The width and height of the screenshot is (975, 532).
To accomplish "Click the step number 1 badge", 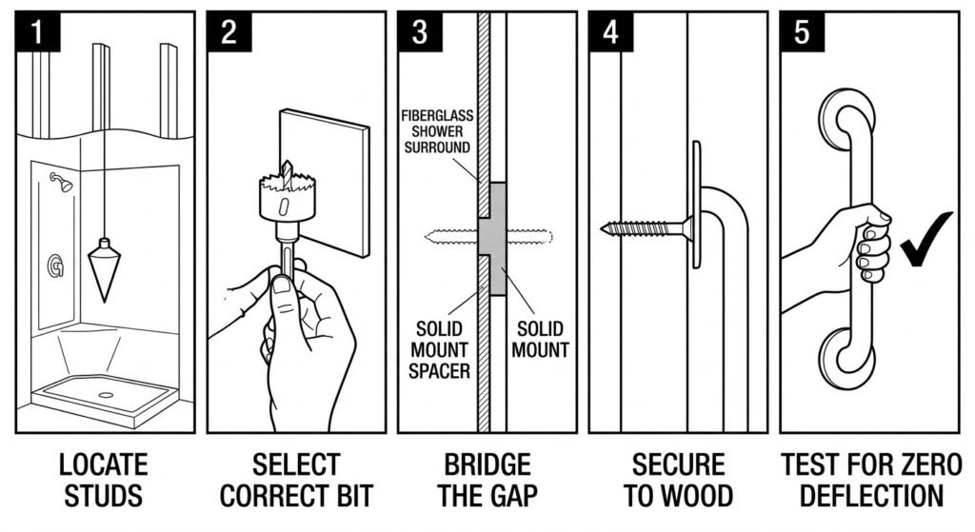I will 37,32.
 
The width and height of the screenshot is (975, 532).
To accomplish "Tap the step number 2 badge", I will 229,32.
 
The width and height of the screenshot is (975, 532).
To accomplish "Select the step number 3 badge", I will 420,32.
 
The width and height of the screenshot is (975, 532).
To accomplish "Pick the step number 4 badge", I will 610,32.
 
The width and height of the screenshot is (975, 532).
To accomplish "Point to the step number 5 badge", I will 802,32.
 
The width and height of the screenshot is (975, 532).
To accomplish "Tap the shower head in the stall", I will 63,182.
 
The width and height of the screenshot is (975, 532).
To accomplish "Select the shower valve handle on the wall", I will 56,266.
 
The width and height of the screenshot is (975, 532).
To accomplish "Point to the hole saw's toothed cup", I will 281,196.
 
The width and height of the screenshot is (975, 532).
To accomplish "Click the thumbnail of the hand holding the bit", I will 281,286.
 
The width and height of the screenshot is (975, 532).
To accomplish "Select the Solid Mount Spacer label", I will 439,349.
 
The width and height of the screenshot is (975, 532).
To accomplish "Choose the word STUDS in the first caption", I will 103,496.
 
